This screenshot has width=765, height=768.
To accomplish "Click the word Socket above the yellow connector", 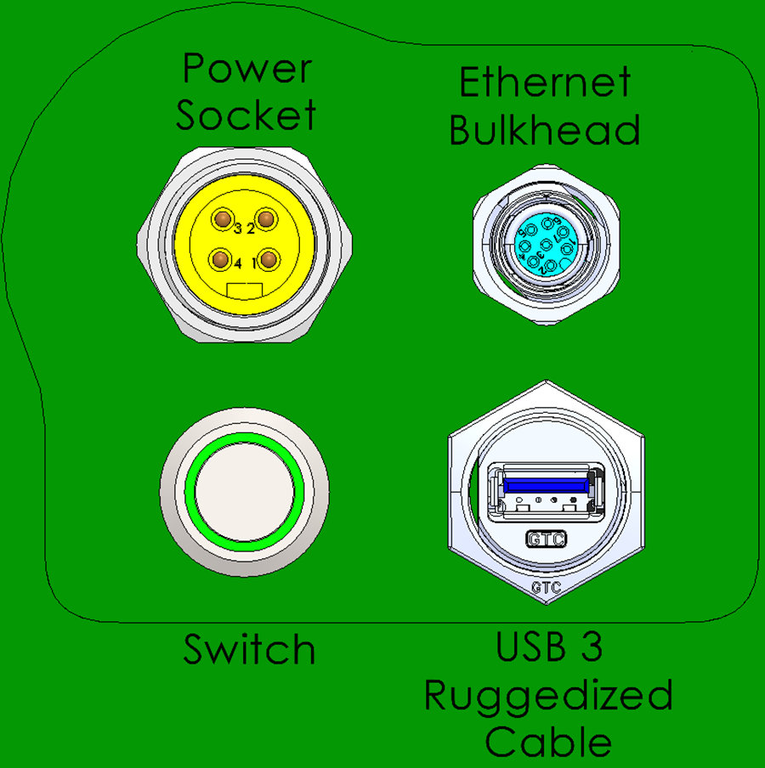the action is (x=246, y=115).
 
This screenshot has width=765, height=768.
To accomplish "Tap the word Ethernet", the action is (x=545, y=83).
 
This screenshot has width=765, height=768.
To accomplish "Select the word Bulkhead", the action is (x=545, y=130).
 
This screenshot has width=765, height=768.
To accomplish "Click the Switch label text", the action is (x=249, y=651).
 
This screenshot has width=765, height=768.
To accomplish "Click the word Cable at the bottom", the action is (x=548, y=742).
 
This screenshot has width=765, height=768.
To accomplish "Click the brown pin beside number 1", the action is (x=267, y=258).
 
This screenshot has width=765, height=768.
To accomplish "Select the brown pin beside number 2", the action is (x=267, y=220).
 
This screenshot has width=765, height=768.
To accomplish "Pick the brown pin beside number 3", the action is (x=224, y=221).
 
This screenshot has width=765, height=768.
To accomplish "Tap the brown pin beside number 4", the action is (x=221, y=258).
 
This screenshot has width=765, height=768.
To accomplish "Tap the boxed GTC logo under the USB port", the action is (x=547, y=539).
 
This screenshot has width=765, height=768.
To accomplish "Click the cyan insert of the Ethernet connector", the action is (x=544, y=247).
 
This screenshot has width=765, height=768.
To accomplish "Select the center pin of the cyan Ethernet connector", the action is (x=544, y=246).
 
